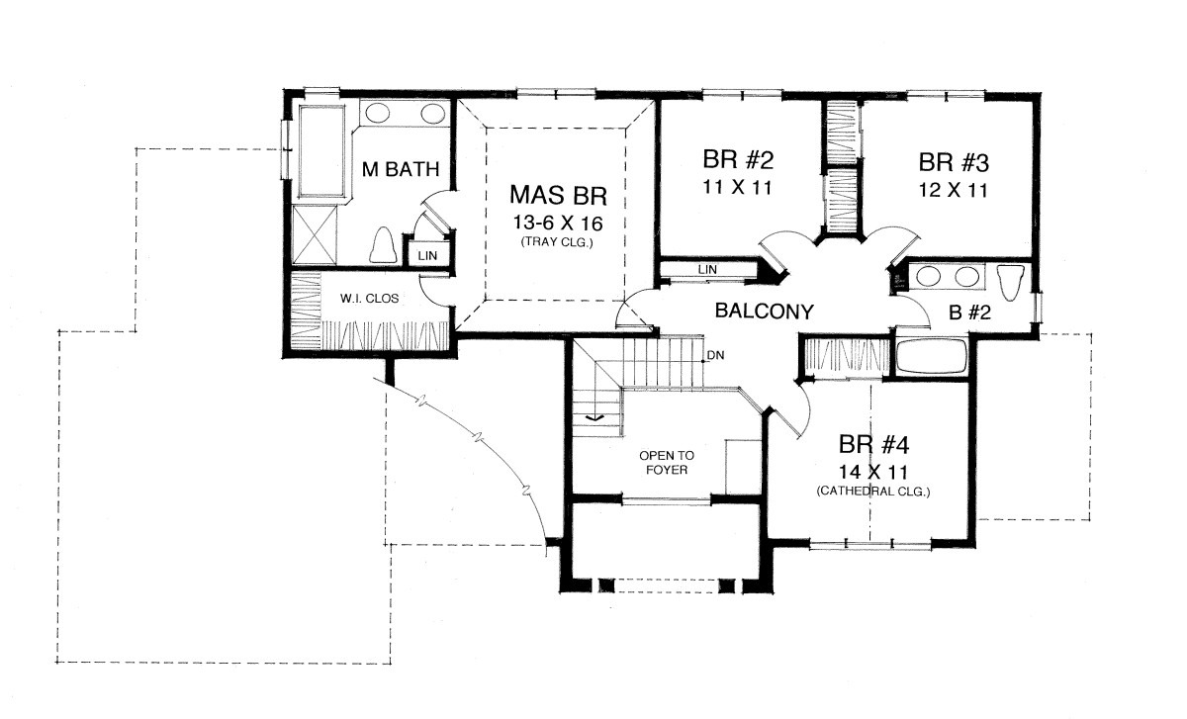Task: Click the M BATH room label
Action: pyautogui.click(x=401, y=169)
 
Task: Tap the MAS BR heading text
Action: pyautogui.click(x=558, y=195)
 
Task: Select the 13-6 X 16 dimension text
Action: pyautogui.click(x=558, y=224)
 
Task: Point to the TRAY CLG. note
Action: pyautogui.click(x=557, y=242)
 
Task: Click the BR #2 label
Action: pyautogui.click(x=738, y=159)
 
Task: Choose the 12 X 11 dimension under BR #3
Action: pyautogui.click(x=954, y=190)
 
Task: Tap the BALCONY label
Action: pyautogui.click(x=764, y=311)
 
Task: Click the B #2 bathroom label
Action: pyautogui.click(x=969, y=313)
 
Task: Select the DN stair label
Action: pyautogui.click(x=716, y=355)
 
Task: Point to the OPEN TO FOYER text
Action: pyautogui.click(x=667, y=463)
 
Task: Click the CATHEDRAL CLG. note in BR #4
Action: pyautogui.click(x=873, y=492)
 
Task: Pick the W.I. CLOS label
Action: pyautogui.click(x=369, y=299)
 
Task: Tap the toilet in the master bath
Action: pyautogui.click(x=383, y=245)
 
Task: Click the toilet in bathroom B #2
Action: pyautogui.click(x=1011, y=282)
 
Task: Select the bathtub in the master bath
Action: pyautogui.click(x=322, y=151)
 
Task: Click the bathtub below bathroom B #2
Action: pyautogui.click(x=932, y=357)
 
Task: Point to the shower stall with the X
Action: pyautogui.click(x=315, y=234)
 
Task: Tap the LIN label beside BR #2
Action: pyautogui.click(x=707, y=269)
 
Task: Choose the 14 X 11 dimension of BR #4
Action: pyautogui.click(x=873, y=472)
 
